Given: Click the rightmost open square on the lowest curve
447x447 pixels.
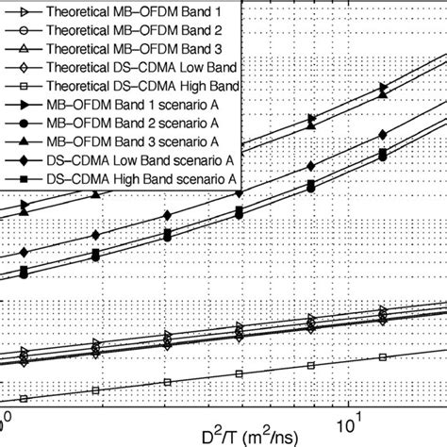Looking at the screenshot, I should pos(383,356).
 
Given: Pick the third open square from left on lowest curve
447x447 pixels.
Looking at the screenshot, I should pos(167,381).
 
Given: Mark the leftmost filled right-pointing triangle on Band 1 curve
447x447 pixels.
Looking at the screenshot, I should pos(25,206).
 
